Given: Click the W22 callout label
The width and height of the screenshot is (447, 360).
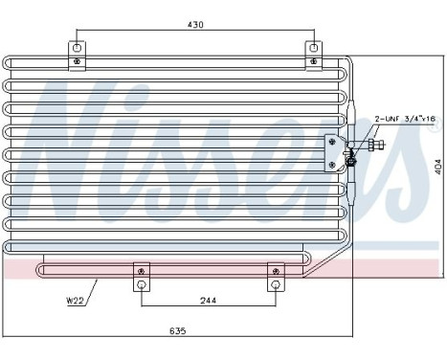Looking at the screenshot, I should [75, 302].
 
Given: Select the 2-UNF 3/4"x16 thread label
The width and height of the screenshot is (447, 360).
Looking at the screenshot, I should [406, 118].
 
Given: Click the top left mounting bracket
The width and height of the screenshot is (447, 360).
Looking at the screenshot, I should [76, 55].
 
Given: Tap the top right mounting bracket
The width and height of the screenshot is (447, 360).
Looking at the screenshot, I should [313, 55].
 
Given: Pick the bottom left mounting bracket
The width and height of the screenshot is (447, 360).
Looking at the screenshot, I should [142, 277].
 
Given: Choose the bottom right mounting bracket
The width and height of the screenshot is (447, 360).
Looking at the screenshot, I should [275, 277].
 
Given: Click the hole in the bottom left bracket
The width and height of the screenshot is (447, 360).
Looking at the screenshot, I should [142, 284].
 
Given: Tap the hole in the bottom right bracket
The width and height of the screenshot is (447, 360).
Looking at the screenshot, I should [275, 284].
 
